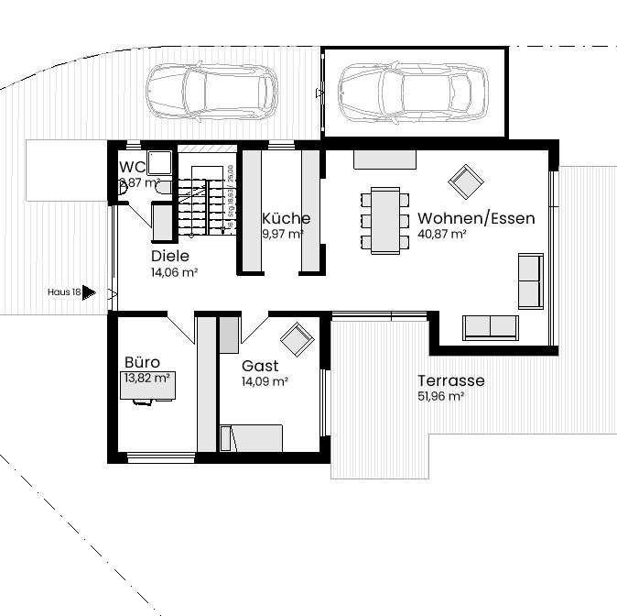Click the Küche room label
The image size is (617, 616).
286,219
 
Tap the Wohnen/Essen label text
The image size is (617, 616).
476,219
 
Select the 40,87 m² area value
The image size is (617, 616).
442,235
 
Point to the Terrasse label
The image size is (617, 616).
450,381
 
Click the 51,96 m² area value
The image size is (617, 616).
441,397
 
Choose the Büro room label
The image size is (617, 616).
142,363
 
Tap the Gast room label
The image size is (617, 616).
260,366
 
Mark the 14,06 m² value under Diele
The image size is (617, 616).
175,272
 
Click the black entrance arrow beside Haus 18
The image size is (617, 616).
89,292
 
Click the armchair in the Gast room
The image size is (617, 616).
297,339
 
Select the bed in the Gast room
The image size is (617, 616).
251,438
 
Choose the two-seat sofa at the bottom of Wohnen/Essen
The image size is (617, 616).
490,326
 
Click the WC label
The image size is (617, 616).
133,168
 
